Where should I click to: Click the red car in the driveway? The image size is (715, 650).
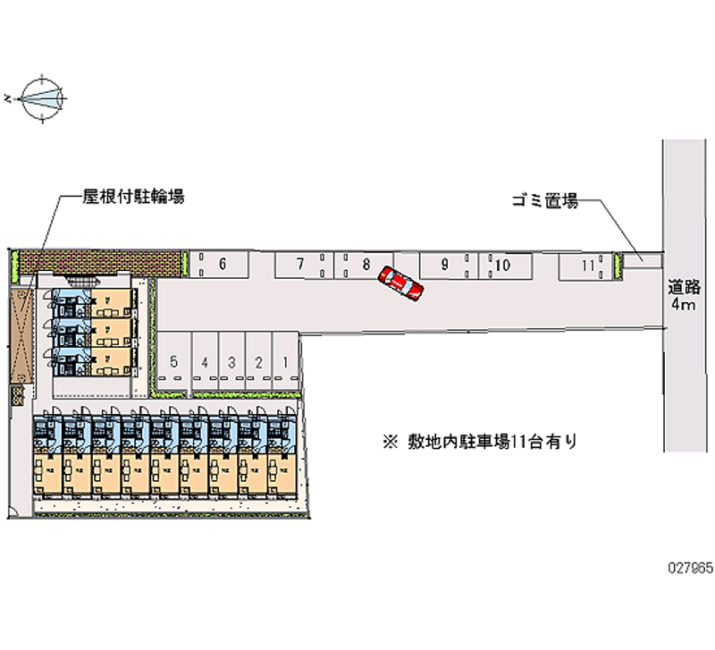[400, 283]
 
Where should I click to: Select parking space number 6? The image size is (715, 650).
[220, 264]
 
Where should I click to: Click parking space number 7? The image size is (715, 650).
[301, 264]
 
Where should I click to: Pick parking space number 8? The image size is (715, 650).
[366, 264]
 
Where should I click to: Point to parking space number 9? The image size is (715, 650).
[445, 264]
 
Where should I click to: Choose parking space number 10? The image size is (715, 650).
[502, 265]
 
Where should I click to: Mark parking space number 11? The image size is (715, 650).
[586, 265]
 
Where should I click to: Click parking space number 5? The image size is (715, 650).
[174, 362]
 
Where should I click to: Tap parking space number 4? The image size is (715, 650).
[205, 362]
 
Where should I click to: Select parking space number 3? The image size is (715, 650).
[231, 362]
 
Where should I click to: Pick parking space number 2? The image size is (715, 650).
[258, 362]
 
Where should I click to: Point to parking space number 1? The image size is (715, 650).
[284, 362]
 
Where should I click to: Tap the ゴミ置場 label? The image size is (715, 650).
[545, 201]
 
